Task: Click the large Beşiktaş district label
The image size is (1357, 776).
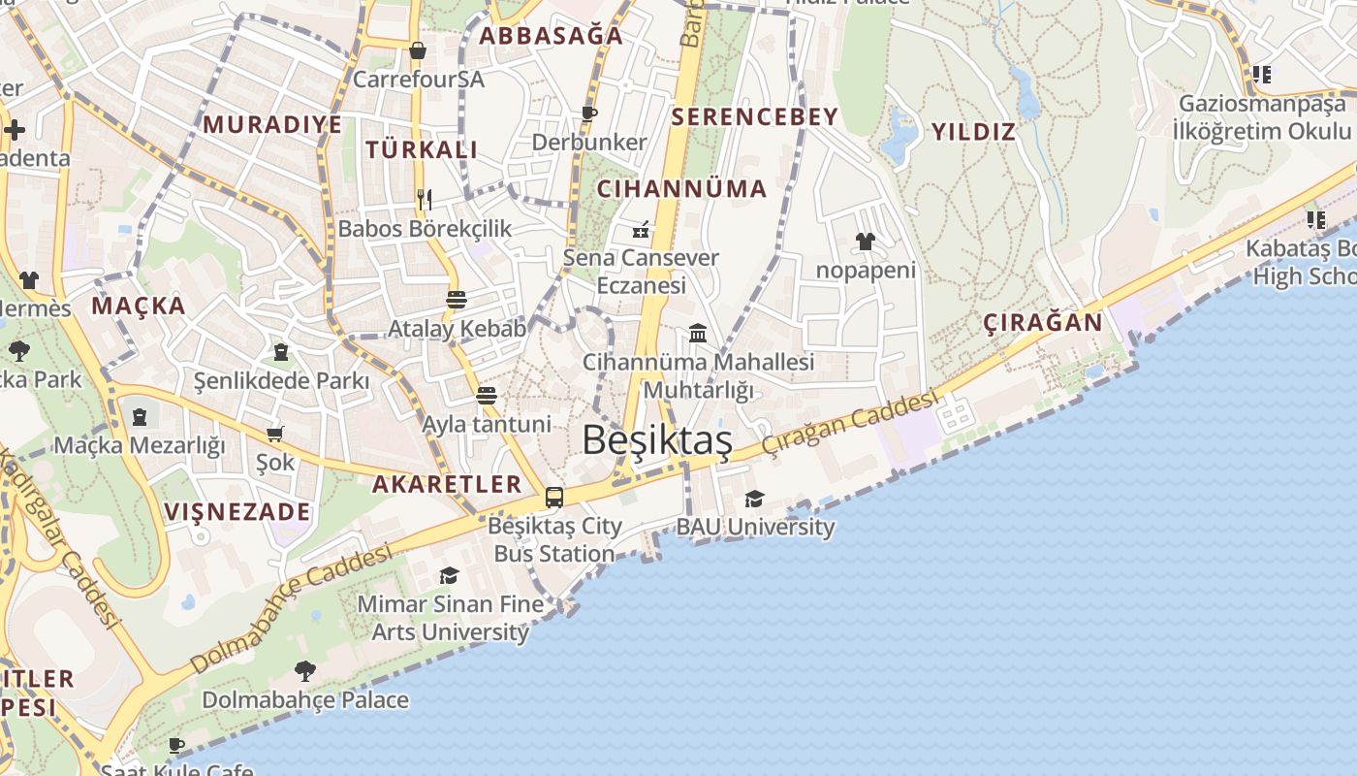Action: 657,439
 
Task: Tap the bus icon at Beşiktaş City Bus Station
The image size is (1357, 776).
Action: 554,498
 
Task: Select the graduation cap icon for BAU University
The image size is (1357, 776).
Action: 754,499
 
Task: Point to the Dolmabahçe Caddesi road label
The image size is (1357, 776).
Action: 291,608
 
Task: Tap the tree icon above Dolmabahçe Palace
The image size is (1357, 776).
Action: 304,670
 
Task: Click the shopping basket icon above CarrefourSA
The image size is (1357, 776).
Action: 418,50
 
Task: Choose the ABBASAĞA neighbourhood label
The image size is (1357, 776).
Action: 552,36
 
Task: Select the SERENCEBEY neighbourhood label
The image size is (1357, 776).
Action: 754,117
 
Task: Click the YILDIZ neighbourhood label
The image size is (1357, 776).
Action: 973,132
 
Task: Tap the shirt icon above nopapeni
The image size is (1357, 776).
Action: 866,242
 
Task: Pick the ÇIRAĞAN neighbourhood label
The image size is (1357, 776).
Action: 1043,322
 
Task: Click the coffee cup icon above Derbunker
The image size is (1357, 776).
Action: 588,113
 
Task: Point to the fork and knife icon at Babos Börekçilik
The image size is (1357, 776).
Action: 424,200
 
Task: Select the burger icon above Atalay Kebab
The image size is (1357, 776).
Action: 457,299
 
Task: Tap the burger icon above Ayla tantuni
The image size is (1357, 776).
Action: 487,396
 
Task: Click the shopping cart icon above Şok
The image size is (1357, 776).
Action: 275,434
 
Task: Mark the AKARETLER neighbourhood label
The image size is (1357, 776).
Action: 447,484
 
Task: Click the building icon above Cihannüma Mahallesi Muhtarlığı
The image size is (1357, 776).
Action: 698,334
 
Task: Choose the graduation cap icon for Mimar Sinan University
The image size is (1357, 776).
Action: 449,576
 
